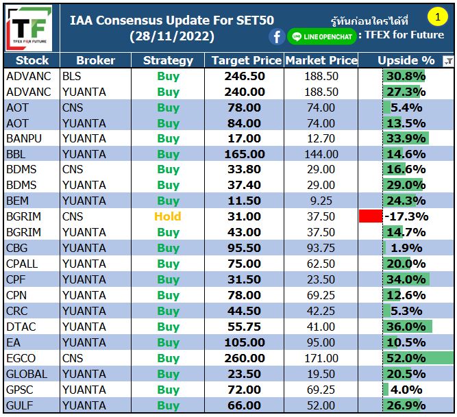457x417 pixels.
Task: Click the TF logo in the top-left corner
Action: (29, 28)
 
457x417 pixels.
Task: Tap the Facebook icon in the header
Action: (277, 36)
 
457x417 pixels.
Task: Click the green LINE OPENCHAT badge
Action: (322, 36)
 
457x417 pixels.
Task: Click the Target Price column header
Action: (247, 60)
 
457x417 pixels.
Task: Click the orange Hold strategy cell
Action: (168, 216)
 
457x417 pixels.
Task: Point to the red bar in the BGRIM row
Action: (370, 216)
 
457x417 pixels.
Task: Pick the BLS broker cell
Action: (71, 76)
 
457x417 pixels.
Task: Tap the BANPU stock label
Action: (23, 138)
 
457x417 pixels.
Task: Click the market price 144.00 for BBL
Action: (321, 154)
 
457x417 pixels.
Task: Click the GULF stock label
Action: (20, 405)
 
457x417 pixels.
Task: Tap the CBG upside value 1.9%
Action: (406, 248)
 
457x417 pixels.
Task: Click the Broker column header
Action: (96, 60)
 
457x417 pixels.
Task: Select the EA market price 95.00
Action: (321, 342)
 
